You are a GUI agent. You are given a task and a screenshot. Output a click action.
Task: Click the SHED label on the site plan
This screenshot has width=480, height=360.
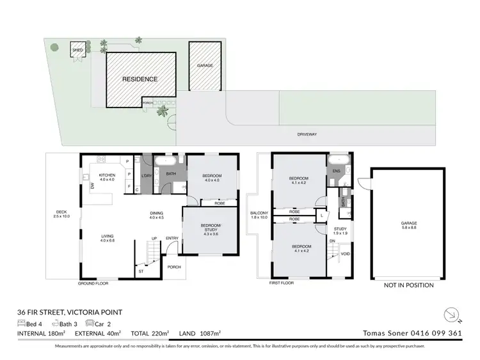(x=77, y=49)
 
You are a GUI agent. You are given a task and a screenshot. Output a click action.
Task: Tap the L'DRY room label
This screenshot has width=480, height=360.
(x=146, y=176)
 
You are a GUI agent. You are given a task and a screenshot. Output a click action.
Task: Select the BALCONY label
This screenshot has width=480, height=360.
(x=260, y=215)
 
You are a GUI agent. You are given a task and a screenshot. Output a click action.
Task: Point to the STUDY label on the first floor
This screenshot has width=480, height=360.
(x=339, y=230)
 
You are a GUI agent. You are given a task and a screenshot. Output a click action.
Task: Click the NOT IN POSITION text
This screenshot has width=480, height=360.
(x=408, y=285)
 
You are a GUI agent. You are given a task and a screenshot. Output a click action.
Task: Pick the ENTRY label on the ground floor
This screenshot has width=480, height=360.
(x=173, y=239)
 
